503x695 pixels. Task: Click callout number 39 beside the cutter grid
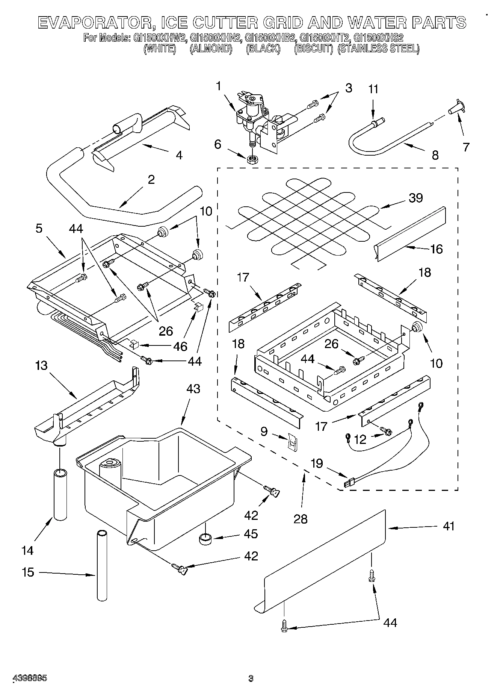[415, 198]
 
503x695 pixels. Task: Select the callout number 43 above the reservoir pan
[193, 389]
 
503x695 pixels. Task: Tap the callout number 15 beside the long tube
[28, 572]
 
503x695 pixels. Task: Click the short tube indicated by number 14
[60, 494]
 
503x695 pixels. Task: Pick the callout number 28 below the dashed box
[301, 519]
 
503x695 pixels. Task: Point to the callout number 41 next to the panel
[449, 526]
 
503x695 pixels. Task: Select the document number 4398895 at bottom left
[30, 678]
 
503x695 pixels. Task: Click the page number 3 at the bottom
[251, 678]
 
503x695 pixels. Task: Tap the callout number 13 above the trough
[41, 365]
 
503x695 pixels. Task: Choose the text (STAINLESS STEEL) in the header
[378, 49]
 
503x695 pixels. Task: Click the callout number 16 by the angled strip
[437, 249]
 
